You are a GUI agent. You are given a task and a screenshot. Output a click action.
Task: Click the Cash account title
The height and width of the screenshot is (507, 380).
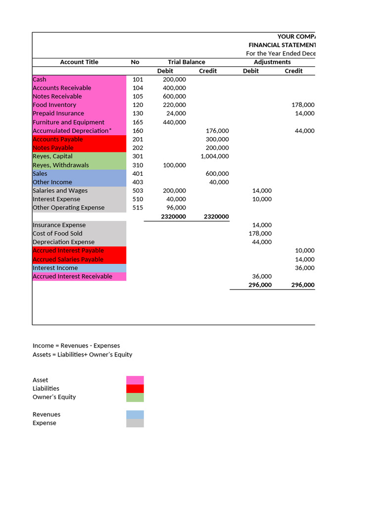[40, 79]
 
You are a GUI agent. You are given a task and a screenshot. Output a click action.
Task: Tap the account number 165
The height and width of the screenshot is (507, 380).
[138, 122]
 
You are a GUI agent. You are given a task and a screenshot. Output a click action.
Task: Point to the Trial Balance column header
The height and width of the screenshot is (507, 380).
[186, 62]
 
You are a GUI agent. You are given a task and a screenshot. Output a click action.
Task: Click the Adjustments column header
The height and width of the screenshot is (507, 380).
[272, 62]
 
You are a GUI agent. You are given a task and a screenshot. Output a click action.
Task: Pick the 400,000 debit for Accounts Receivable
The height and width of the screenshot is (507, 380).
[174, 88]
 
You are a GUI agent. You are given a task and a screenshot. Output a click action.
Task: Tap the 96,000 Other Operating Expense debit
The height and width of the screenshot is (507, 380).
[176, 207]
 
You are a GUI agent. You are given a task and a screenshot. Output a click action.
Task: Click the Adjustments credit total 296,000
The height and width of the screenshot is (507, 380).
[302, 285]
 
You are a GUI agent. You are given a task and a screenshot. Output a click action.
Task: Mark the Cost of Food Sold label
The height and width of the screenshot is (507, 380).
[57, 233]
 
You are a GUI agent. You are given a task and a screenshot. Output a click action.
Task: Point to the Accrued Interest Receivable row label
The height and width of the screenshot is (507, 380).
[72, 276]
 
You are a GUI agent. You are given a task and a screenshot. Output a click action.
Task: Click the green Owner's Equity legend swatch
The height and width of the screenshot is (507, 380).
[135, 397]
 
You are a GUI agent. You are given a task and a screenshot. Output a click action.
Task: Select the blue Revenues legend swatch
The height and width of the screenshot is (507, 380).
[135, 414]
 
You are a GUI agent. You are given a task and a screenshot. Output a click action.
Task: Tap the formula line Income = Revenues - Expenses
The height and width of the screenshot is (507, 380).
[76, 346]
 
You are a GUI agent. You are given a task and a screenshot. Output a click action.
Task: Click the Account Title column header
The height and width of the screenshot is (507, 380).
[79, 62]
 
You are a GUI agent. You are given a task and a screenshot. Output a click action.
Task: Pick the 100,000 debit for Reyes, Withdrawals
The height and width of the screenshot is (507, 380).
[174, 165]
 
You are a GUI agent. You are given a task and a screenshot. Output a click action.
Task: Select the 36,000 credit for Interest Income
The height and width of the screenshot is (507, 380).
[304, 268]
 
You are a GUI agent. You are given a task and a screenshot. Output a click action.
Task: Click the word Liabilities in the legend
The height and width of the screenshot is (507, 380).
[46, 389]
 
